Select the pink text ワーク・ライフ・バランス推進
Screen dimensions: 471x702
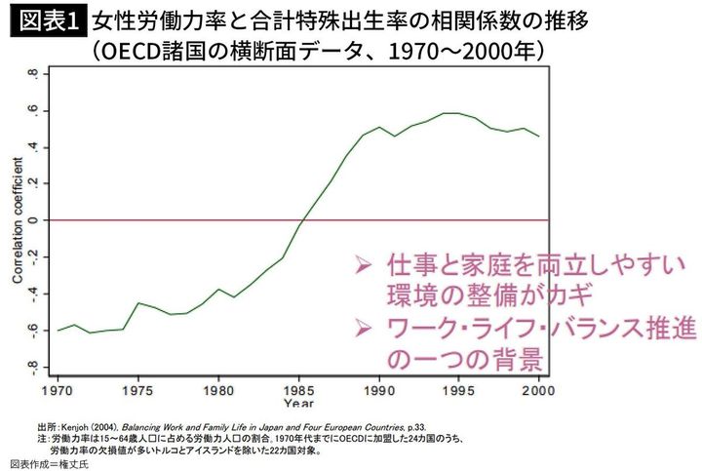click(540, 328)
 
